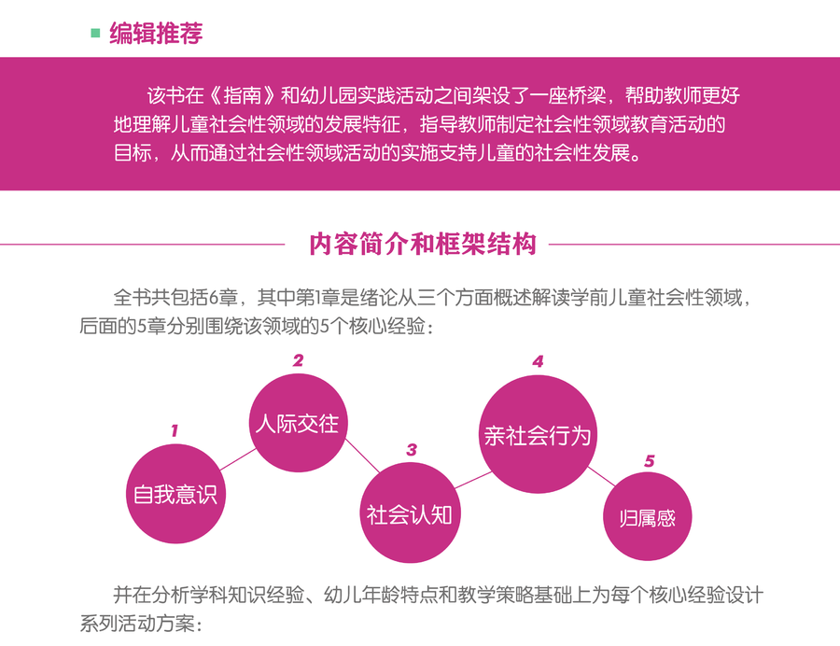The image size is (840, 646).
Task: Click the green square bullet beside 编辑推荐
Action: click(x=96, y=34)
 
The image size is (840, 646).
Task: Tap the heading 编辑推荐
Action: click(x=157, y=34)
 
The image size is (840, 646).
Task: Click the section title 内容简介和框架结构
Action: click(x=423, y=245)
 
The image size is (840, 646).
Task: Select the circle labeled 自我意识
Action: click(x=175, y=494)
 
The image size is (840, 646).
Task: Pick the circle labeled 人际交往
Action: click(x=298, y=423)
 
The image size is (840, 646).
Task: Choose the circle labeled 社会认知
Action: click(x=410, y=513)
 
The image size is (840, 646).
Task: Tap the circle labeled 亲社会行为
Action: click(x=538, y=434)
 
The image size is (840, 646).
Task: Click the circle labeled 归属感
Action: click(x=647, y=517)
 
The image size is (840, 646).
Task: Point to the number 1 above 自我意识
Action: click(x=175, y=430)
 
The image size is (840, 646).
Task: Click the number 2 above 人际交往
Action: click(x=298, y=360)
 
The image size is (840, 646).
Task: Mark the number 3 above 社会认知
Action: click(x=412, y=449)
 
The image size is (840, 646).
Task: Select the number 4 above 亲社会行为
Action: click(x=538, y=361)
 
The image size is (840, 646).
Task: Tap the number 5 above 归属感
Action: click(x=650, y=460)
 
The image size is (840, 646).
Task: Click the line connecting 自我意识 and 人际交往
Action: click(x=238, y=459)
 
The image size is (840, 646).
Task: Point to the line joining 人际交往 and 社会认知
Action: click(x=362, y=456)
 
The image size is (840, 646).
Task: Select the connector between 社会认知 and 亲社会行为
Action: click(x=473, y=480)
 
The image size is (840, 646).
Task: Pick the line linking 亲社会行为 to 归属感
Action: click(x=602, y=476)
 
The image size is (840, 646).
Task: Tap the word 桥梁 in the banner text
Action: click(x=588, y=95)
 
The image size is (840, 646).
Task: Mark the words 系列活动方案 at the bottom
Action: click(x=137, y=623)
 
